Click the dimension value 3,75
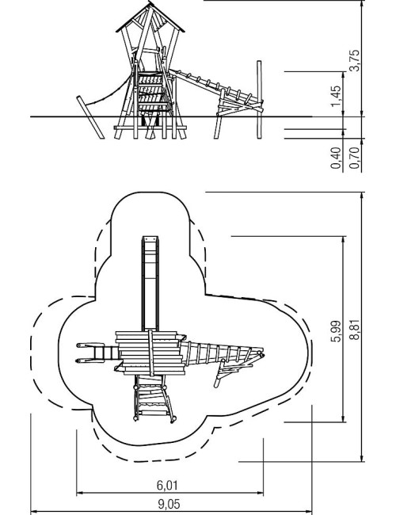pos(354,60)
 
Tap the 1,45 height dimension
pos(336,96)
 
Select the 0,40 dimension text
pos(336,158)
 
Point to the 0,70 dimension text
pos(354,158)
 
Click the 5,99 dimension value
pos(336,331)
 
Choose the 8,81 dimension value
pos(354,330)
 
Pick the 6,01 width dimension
pos(167,485)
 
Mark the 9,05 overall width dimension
pos(169,504)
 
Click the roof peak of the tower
pos(150,2)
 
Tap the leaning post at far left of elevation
pos(90,117)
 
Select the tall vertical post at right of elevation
pos(259,100)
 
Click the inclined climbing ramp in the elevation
pos(215,89)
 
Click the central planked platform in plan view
pos(150,353)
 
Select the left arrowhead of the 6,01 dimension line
pos(79,493)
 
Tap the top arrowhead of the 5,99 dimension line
pos(344,239)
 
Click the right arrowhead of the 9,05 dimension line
pos(309,512)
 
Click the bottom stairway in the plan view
pos(154,399)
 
